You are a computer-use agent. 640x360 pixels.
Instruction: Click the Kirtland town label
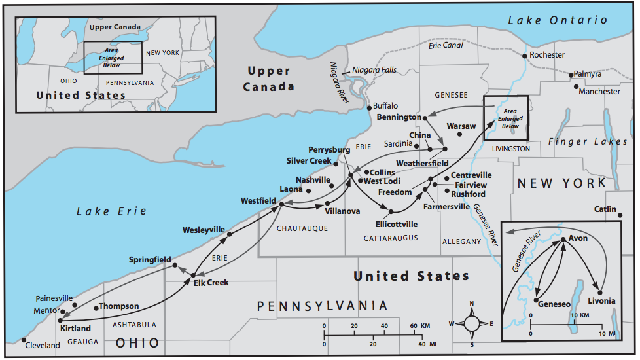click(x=75, y=328)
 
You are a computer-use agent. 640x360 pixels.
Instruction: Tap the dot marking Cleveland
click(x=24, y=340)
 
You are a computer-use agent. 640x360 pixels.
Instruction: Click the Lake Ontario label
click(x=558, y=20)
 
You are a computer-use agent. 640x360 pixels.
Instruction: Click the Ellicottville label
click(x=392, y=224)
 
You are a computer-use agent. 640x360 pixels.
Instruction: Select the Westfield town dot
click(x=281, y=204)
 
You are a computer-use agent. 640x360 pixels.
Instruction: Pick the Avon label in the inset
click(x=578, y=238)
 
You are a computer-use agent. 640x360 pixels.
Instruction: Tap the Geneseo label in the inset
click(x=555, y=304)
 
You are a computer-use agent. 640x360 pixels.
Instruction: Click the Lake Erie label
click(x=111, y=211)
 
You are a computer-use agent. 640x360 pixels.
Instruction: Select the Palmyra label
click(x=587, y=74)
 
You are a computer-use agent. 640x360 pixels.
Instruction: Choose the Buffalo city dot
click(x=368, y=107)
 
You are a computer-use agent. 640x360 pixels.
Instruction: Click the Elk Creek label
click(x=211, y=283)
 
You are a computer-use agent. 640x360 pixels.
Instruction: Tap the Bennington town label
click(x=399, y=117)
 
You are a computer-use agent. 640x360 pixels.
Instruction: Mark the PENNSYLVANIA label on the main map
click(x=322, y=306)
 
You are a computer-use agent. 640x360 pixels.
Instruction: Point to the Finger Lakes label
click(x=587, y=141)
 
